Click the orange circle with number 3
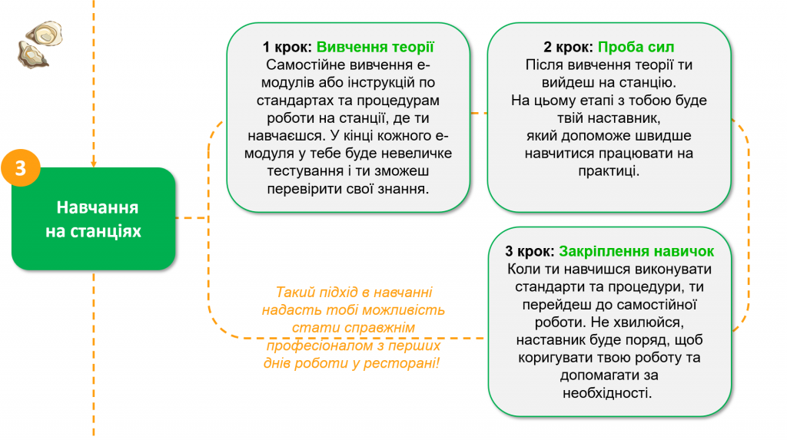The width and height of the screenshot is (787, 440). pos(21,168)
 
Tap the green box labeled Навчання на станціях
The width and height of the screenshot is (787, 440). pos(93,219)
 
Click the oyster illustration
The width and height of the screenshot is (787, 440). pos(40,44)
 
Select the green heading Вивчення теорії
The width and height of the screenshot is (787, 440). pos(375,47)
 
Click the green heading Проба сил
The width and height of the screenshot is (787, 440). pos(636,47)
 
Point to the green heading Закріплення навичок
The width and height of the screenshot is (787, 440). pos(636,251)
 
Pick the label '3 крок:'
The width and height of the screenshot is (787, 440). pos(530,251)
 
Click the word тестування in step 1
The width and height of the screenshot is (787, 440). pos(304,171)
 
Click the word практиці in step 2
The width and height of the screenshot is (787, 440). pos(609,171)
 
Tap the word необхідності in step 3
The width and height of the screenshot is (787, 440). pos(607,393)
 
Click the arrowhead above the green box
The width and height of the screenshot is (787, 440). pos(93,164)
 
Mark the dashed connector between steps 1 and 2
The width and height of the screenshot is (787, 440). pos(479,114)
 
